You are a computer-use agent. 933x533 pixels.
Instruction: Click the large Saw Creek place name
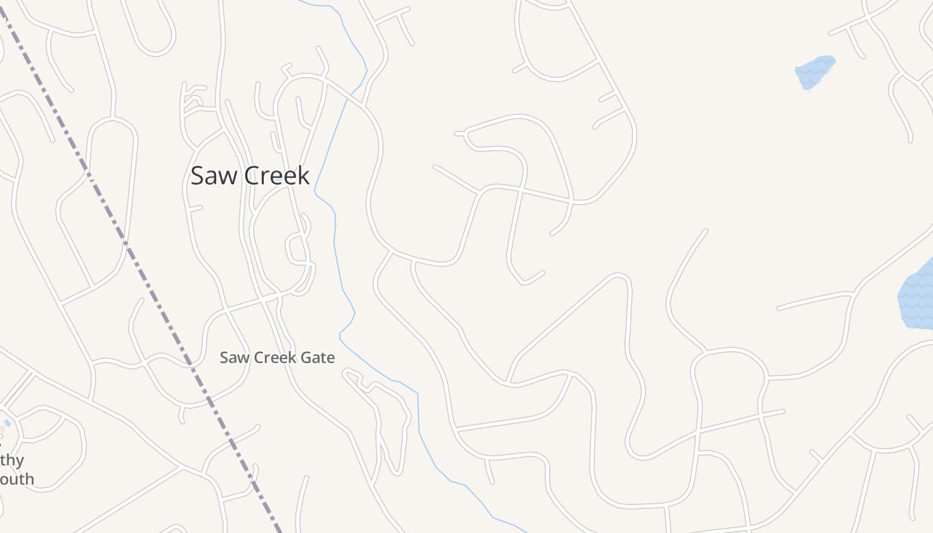click(250, 175)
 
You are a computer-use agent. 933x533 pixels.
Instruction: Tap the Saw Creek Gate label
click(277, 358)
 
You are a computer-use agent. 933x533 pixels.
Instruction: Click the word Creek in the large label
click(277, 175)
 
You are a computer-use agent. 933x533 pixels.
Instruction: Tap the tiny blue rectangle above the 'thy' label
click(7, 423)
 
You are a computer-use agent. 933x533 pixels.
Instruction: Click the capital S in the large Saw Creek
click(197, 175)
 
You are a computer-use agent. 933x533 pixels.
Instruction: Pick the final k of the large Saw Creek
click(305, 175)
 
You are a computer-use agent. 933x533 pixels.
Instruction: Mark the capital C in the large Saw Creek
click(252, 175)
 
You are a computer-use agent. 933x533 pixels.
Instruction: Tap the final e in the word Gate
click(331, 358)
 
